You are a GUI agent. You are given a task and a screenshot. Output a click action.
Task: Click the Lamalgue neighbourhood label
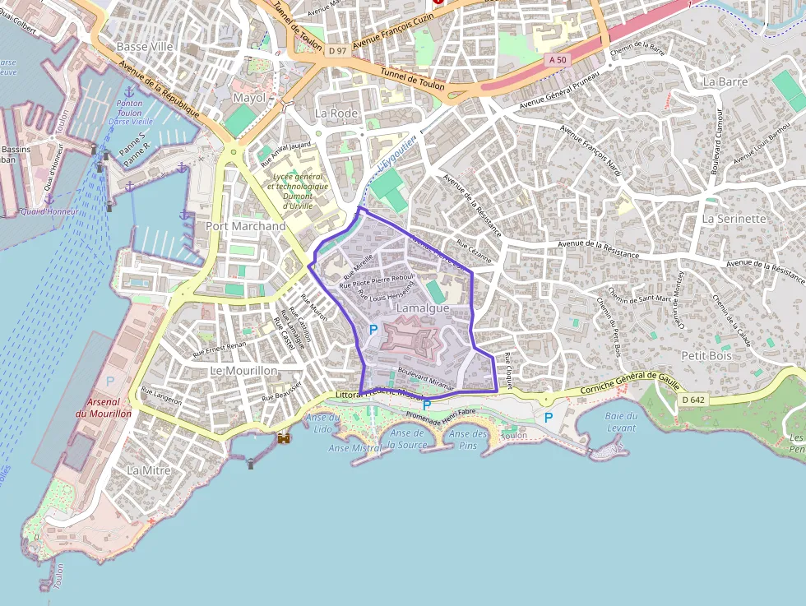[x=423, y=308]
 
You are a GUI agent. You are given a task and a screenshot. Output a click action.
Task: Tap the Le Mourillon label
[x=244, y=371]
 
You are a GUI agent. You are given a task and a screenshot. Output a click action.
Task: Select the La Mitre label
[x=149, y=470]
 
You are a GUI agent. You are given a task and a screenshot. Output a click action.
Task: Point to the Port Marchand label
[x=246, y=226]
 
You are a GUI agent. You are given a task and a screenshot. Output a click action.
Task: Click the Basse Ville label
[x=145, y=47]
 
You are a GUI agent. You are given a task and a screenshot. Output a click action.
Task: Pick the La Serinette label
[x=734, y=220]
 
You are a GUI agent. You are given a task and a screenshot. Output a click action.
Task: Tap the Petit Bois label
[x=706, y=355]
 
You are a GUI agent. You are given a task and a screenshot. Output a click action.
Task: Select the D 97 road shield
[x=337, y=51]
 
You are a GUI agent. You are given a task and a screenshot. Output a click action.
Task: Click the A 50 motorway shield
[x=558, y=60]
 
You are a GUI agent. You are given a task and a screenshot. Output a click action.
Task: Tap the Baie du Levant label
[x=620, y=422]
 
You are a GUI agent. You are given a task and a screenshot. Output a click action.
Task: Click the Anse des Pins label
[x=469, y=439]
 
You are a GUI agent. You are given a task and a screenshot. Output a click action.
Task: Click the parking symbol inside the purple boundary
[x=373, y=330]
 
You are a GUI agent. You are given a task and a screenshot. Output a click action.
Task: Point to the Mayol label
[x=250, y=98]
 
